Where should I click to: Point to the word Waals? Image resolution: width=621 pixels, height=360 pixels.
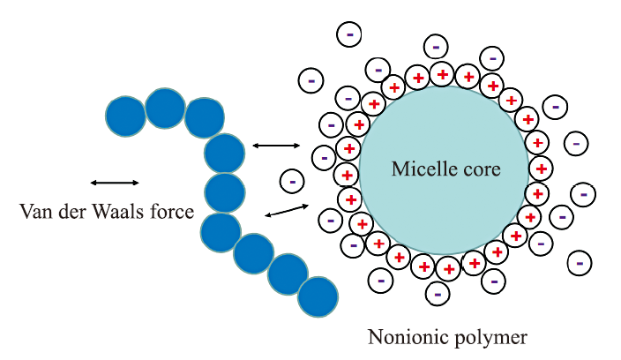[118, 211]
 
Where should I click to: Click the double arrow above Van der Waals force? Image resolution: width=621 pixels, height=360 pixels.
[115, 183]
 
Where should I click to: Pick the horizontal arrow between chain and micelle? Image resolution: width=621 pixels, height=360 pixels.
[276, 146]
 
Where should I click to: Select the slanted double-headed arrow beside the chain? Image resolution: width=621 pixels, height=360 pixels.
[287, 210]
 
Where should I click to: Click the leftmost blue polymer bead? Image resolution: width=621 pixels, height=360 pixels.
[125, 116]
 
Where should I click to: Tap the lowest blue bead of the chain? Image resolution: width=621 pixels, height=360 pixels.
[318, 296]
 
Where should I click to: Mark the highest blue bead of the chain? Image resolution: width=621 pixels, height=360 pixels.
[165, 109]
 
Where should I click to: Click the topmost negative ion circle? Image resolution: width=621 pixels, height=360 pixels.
[349, 34]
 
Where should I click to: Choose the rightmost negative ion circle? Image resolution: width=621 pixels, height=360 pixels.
[583, 194]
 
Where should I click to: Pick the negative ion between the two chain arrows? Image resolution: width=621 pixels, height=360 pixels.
[292, 182]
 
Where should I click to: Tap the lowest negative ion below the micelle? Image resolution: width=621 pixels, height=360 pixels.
[438, 294]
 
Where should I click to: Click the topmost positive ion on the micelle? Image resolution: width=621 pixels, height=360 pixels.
[442, 74]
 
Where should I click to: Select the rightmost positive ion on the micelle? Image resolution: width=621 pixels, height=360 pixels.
[541, 169]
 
